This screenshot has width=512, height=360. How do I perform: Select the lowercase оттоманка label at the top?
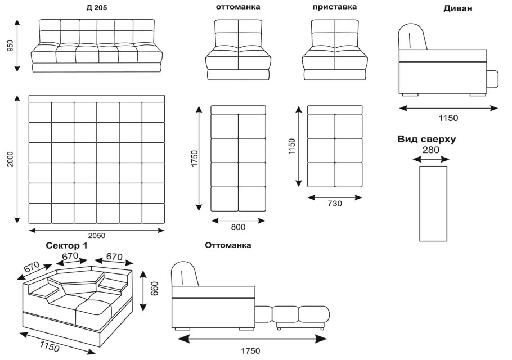[x=238, y=8]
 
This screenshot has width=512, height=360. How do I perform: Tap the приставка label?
[x=334, y=8]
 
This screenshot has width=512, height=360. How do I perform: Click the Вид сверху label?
[x=426, y=139]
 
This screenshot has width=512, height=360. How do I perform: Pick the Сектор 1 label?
[x=66, y=246]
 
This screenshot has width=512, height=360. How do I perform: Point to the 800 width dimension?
[x=238, y=227]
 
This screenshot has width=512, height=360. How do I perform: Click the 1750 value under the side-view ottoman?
[x=251, y=350]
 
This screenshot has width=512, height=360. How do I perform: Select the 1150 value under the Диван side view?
[x=448, y=118]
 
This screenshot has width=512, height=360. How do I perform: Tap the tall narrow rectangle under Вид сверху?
[x=433, y=203]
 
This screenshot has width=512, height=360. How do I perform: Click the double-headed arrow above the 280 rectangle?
[x=431, y=159]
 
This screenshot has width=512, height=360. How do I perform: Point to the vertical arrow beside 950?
[x=17, y=46]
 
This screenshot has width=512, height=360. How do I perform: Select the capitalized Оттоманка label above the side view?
[x=228, y=246]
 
